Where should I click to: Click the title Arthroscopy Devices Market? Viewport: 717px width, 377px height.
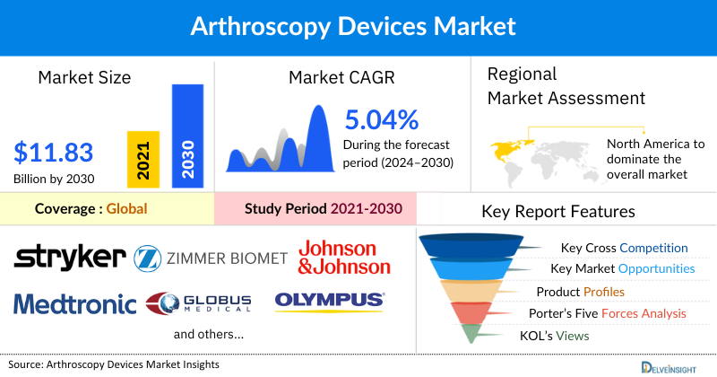pos(358,26)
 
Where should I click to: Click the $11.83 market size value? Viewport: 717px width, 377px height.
pos(55,150)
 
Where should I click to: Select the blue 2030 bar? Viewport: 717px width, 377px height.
pos(186,135)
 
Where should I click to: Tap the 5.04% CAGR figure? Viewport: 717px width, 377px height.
pos(382,119)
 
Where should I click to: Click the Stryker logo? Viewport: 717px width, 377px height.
pos(69,257)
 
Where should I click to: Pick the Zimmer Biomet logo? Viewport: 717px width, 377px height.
pos(211,259)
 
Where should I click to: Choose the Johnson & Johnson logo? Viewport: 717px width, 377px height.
pos(344,257)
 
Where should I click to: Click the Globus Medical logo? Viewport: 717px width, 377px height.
pos(200,304)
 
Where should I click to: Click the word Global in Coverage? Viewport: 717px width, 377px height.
pos(126,209)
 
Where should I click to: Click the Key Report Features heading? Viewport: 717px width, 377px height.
pos(558,212)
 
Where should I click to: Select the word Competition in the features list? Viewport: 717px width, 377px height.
pos(655,248)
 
